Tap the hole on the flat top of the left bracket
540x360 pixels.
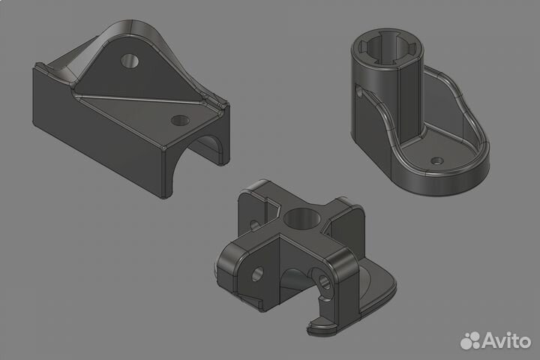click(179, 119)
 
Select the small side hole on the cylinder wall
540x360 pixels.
click(360, 92)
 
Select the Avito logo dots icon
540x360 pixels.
click(471, 340)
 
